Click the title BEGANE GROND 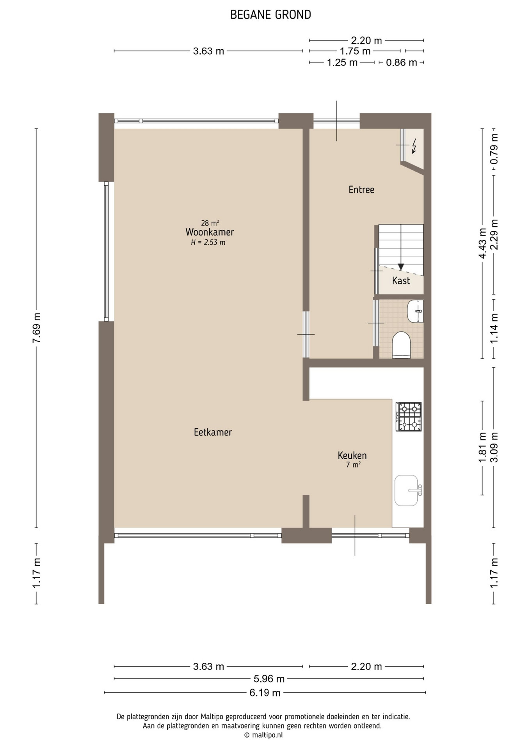tap(270, 15)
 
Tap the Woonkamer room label tap(210, 232)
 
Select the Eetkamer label tap(213, 432)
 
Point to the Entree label tap(361, 190)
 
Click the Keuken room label tap(352, 455)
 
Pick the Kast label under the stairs tap(401, 280)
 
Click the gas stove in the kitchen tap(409, 417)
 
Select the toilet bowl tap(401, 344)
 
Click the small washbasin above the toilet tap(415, 311)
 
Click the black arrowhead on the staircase tap(401, 267)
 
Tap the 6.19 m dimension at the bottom tap(265, 693)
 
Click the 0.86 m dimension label tap(402, 62)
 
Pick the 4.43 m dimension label tap(482, 243)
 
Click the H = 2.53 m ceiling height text tap(208, 243)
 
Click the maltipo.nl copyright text tap(263, 735)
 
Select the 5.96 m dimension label tap(269, 679)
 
